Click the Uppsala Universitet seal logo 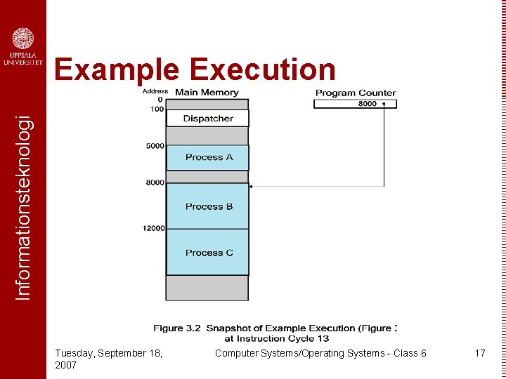click(x=23, y=39)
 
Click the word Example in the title click(x=117, y=70)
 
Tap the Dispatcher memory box click(x=207, y=119)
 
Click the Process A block click(x=208, y=157)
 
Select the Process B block click(x=208, y=206)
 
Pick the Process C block click(x=208, y=253)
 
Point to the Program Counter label click(x=355, y=93)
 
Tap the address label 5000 click(x=155, y=146)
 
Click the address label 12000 click(x=153, y=228)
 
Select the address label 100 click(x=157, y=109)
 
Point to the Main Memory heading click(x=207, y=92)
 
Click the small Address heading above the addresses click(x=155, y=91)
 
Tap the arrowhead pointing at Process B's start click(x=252, y=186)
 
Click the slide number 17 click(x=480, y=353)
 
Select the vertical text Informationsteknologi click(x=23, y=208)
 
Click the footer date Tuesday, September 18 click(x=109, y=353)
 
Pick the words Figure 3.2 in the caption click(x=176, y=328)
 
